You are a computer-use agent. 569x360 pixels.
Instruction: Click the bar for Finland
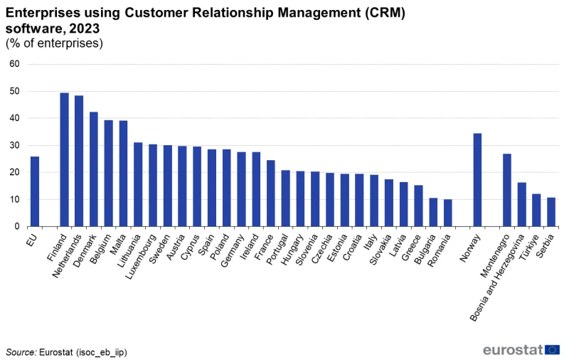[64, 159]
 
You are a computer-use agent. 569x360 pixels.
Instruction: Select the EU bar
[34, 191]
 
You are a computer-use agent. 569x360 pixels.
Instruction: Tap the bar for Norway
[477, 180]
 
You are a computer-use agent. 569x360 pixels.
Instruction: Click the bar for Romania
[447, 213]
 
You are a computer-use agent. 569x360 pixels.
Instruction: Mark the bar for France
[270, 193]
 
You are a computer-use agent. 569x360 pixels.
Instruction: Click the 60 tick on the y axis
[14, 64]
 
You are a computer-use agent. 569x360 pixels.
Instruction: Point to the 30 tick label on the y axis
[14, 145]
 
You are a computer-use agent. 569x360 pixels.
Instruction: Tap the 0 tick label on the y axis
[17, 226]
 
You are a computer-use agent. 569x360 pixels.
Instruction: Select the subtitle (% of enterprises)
[54, 43]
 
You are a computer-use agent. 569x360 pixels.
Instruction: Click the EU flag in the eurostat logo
[553, 349]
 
